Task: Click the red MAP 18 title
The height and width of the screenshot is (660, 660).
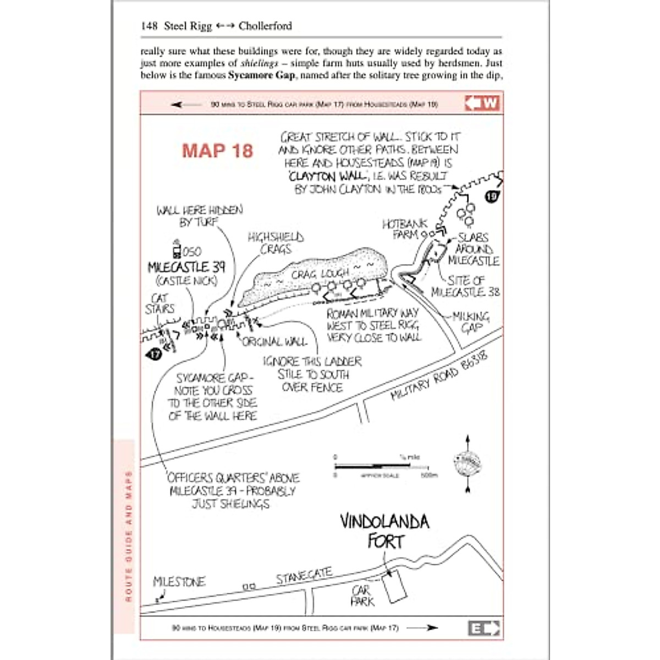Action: [x=217, y=151]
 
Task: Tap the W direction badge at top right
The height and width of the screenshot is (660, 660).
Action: [x=482, y=103]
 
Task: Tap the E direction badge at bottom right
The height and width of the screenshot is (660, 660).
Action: [x=483, y=628]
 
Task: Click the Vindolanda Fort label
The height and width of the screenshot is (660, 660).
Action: [x=384, y=531]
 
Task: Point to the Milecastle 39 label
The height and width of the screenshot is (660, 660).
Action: [x=186, y=267]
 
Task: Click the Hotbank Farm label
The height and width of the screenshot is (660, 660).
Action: [x=405, y=229]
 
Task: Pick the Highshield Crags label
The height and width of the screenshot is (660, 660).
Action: [x=276, y=243]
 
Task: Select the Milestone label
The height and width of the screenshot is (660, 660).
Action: [x=179, y=582]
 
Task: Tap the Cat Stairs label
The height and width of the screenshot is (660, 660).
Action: [x=159, y=304]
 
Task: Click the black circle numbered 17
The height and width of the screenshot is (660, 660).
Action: [x=155, y=354]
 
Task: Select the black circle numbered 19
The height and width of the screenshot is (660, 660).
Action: [x=491, y=196]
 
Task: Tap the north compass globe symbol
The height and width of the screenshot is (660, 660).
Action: [x=467, y=464]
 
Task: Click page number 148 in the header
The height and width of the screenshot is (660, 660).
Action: [x=150, y=26]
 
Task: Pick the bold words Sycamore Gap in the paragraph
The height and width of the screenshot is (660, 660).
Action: [x=261, y=75]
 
